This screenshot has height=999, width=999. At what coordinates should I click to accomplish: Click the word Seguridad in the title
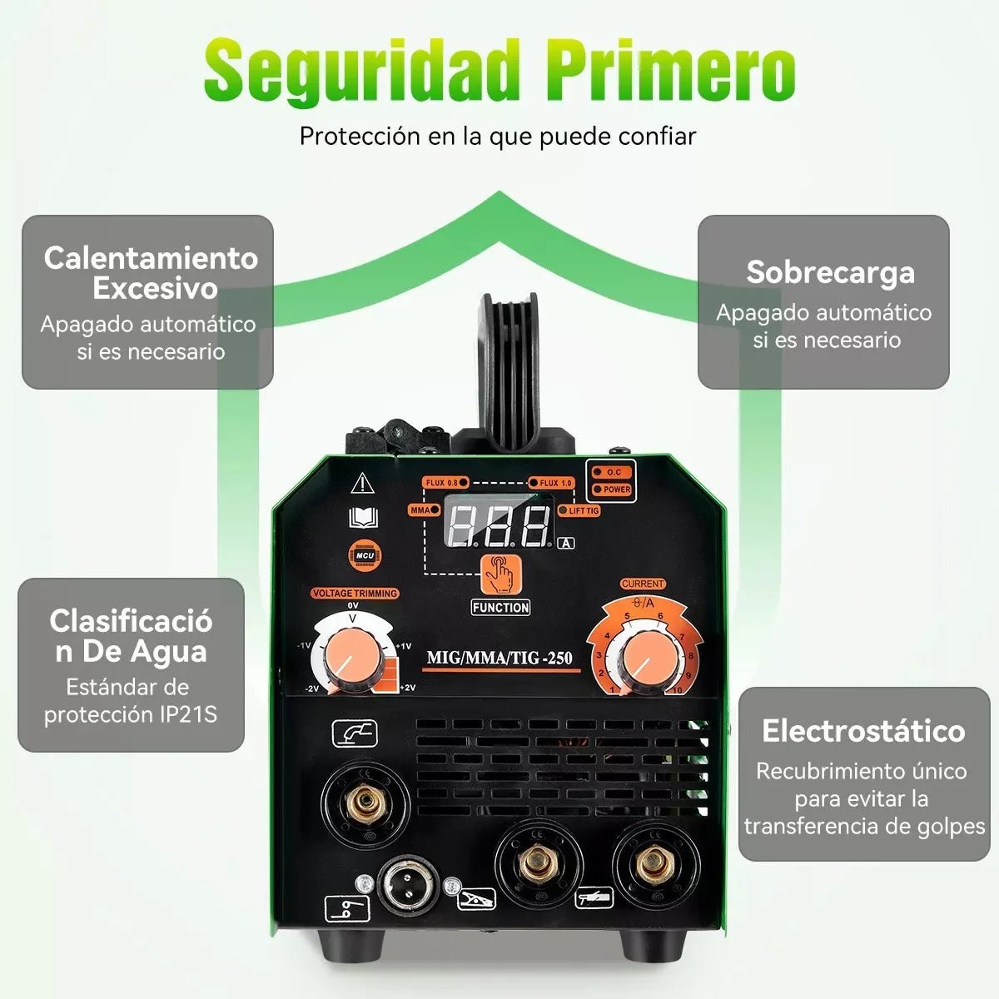362,71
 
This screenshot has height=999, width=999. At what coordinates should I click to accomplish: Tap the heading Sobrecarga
830,272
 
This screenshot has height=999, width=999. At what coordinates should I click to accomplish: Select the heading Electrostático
863,730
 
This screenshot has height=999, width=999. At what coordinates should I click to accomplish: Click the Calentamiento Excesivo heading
151,272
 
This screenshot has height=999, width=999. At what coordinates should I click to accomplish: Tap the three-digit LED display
499,525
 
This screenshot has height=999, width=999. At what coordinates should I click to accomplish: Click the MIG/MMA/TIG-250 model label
499,658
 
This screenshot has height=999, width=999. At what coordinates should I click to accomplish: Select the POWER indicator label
616,490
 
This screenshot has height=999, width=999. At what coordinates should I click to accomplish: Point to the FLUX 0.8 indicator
445,483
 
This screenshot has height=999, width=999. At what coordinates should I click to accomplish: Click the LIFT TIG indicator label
582,511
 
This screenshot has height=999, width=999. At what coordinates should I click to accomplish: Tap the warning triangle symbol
362,483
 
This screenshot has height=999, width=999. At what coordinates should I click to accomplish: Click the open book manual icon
363,519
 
